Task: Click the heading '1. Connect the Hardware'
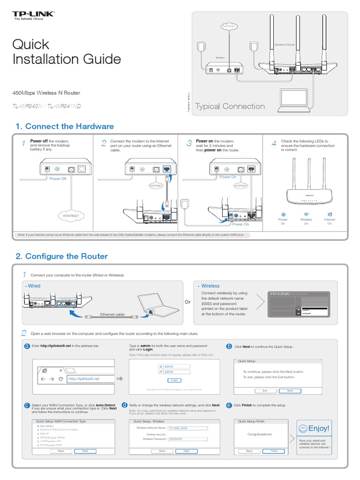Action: (65, 126)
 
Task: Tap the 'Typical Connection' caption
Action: (230, 106)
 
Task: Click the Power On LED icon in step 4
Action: (283, 214)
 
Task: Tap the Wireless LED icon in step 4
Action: (306, 214)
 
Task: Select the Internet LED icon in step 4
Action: (330, 214)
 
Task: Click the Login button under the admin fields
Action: (174, 380)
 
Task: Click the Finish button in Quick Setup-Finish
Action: (274, 451)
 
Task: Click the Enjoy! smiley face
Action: (303, 428)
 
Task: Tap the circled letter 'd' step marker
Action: (124, 405)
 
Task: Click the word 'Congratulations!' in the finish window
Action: (259, 434)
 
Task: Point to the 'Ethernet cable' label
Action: (112, 315)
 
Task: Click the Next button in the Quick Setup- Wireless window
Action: (187, 451)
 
